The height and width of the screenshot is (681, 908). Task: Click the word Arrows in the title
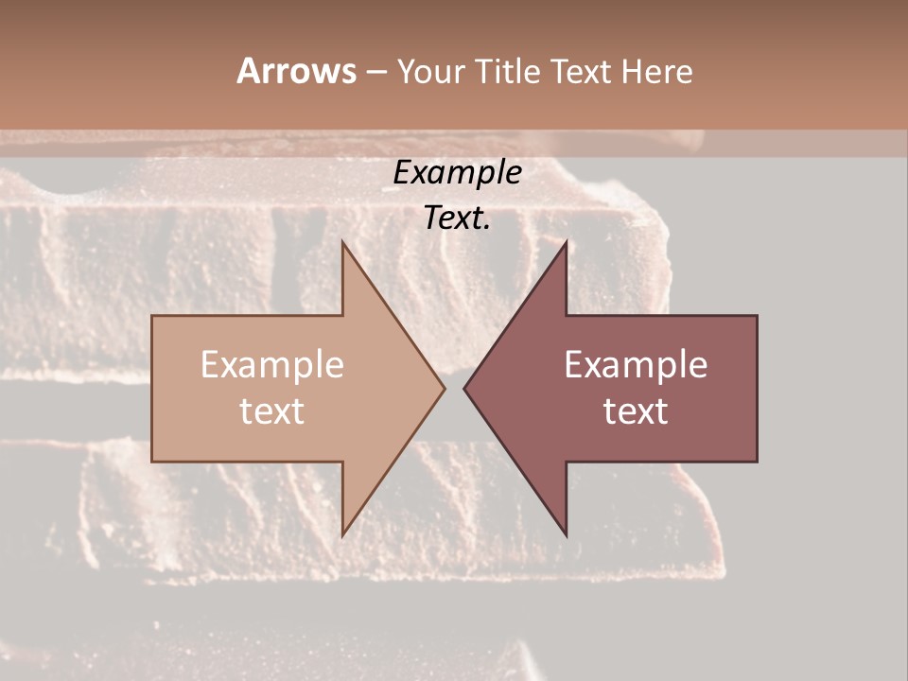coord(297,71)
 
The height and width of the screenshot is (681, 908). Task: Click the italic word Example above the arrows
coord(457,172)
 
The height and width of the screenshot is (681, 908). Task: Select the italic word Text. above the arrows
coord(457,218)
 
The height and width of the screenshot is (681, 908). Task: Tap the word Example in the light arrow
coord(272,365)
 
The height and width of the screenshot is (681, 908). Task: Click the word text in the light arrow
coord(272,411)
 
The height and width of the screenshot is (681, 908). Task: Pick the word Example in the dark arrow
coord(636,365)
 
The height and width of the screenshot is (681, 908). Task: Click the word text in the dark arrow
coord(636,411)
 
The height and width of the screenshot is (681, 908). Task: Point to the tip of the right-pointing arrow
coord(445,388)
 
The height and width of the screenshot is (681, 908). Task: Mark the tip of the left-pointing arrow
coord(464,388)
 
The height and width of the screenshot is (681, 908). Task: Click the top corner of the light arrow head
coord(342,241)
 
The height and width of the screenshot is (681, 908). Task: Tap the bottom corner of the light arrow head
coord(342,535)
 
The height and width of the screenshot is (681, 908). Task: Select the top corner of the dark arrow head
coord(566,241)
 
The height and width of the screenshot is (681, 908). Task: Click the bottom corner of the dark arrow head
coord(566,535)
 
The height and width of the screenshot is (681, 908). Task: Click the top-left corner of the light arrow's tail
coord(152,316)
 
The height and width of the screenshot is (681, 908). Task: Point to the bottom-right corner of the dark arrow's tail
coord(757,462)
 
